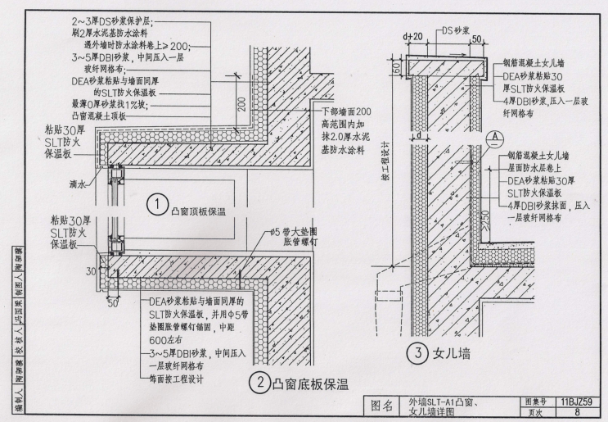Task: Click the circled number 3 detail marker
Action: click(417, 355)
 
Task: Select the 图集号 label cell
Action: click(534, 402)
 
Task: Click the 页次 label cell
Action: click(534, 414)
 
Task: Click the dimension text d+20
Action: click(412, 36)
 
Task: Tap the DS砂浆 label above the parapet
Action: click(457, 31)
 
